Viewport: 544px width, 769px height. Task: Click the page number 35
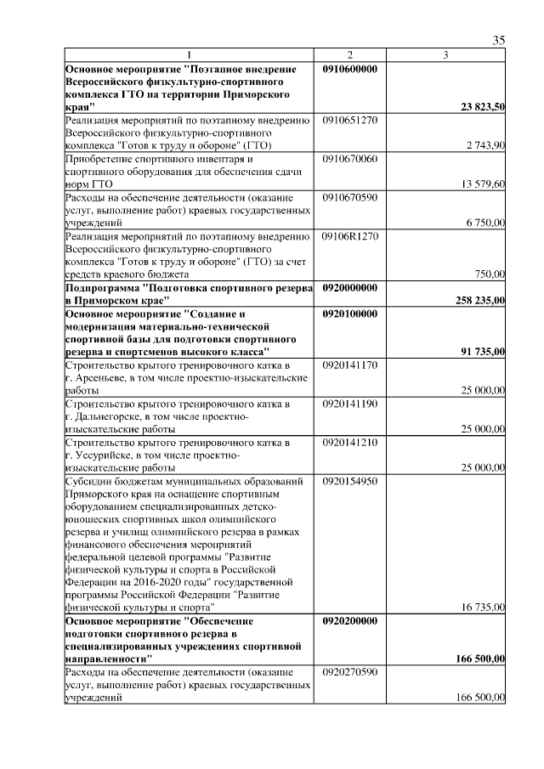coord(499,40)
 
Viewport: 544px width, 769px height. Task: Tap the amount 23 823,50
coord(483,107)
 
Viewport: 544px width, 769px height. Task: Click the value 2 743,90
coord(485,146)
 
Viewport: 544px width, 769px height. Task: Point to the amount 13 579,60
coord(483,184)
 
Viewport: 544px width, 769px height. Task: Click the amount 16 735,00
coord(483,608)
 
